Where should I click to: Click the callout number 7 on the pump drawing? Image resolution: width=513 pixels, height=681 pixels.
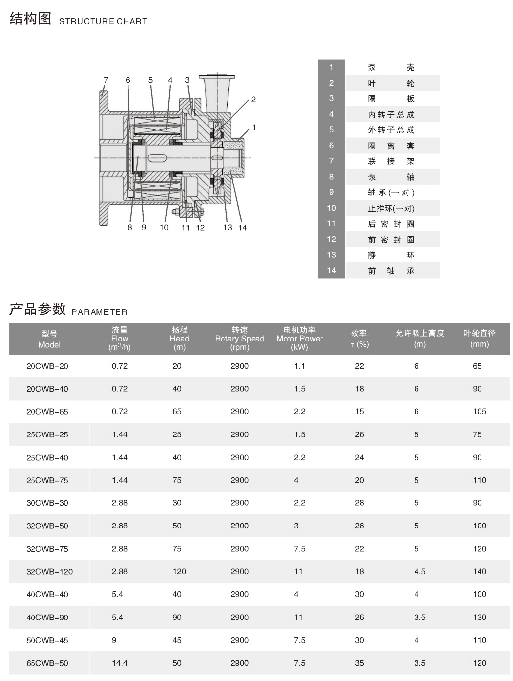[106, 80]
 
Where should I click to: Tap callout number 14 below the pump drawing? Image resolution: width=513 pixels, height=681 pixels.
[242, 228]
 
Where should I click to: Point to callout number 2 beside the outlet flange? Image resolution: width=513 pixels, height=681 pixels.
[253, 99]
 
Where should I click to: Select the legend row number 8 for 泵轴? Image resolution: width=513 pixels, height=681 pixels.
[331, 177]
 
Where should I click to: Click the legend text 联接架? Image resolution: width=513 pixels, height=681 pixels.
[391, 161]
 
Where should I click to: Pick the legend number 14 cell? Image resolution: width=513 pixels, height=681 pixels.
[331, 270]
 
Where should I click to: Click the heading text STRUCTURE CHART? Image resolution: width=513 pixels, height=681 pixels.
[103, 21]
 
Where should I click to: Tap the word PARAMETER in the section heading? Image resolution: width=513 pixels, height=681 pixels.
[99, 312]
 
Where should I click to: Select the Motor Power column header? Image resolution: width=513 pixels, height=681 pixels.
[299, 339]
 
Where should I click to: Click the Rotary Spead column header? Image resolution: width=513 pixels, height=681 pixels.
[239, 339]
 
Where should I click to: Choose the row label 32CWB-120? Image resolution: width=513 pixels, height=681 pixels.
[49, 572]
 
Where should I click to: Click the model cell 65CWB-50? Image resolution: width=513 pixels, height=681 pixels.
[47, 663]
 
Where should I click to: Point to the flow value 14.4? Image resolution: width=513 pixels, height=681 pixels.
[119, 663]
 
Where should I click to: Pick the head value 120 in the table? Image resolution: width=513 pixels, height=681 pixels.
[179, 572]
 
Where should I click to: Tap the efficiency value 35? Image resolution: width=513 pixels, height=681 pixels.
[359, 663]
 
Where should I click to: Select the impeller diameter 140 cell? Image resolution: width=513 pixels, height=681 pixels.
[479, 572]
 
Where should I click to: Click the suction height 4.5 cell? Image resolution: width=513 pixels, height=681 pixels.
[419, 572]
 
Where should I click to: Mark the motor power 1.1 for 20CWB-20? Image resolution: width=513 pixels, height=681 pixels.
[299, 366]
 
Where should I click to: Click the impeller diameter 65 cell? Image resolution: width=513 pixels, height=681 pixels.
[477, 366]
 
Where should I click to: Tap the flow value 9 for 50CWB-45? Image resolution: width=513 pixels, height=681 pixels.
[114, 640]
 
